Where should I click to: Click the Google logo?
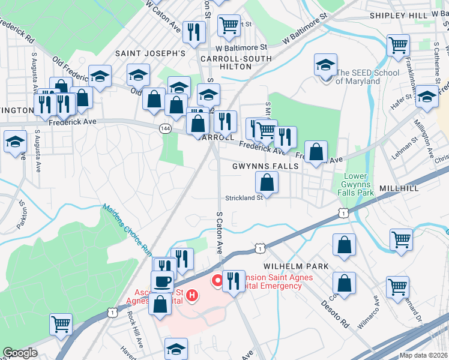tap(20, 353)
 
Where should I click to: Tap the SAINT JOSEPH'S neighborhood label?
tap(150, 53)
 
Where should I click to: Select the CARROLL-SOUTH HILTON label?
tap(226, 62)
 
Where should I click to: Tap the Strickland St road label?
tap(244, 197)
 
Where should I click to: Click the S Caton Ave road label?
tap(219, 232)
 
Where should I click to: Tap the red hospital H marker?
tap(192, 295)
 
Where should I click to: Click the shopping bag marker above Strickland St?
tap(267, 181)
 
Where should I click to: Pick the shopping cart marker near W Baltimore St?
tap(229, 25)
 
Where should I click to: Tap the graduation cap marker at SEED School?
tap(325, 64)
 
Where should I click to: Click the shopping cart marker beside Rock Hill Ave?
tap(61, 324)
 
